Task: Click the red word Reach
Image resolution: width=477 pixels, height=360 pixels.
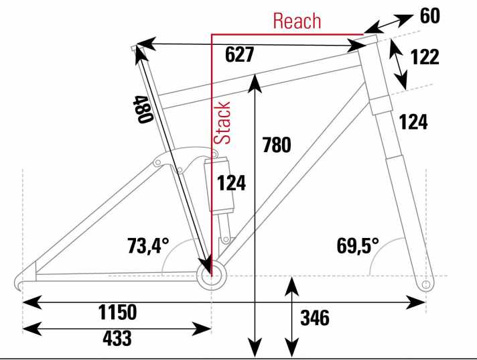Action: [x=297, y=21]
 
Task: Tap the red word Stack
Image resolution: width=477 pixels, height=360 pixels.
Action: [x=222, y=123]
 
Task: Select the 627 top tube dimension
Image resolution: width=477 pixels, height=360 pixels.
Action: [x=239, y=55]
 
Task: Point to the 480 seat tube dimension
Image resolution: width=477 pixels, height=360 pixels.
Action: [x=143, y=109]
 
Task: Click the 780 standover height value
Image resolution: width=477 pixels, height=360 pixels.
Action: [x=277, y=145]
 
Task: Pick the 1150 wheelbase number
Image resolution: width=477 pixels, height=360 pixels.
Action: [x=117, y=312]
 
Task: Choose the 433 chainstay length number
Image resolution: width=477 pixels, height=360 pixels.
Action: [x=117, y=338]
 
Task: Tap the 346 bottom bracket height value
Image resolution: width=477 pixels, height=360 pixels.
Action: [x=315, y=318]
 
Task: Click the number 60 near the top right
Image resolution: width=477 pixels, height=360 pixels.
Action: [x=430, y=16]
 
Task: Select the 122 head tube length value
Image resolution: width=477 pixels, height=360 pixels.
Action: [x=425, y=57]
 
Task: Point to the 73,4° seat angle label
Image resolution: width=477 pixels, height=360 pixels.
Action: [x=148, y=245]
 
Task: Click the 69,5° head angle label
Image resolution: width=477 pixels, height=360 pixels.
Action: [x=358, y=245]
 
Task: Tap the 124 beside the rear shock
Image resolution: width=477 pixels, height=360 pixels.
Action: [x=231, y=184]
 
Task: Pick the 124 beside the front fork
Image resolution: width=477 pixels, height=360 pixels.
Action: [x=413, y=122]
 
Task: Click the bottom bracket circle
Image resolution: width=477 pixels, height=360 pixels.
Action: [x=212, y=276]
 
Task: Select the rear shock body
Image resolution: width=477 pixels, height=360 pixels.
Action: [x=220, y=184]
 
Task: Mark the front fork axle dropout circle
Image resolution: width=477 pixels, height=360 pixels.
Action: [x=426, y=285]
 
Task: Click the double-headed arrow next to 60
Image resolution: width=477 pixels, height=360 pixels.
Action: [x=388, y=23]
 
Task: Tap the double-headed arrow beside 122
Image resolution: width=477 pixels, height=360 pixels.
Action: [x=398, y=64]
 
